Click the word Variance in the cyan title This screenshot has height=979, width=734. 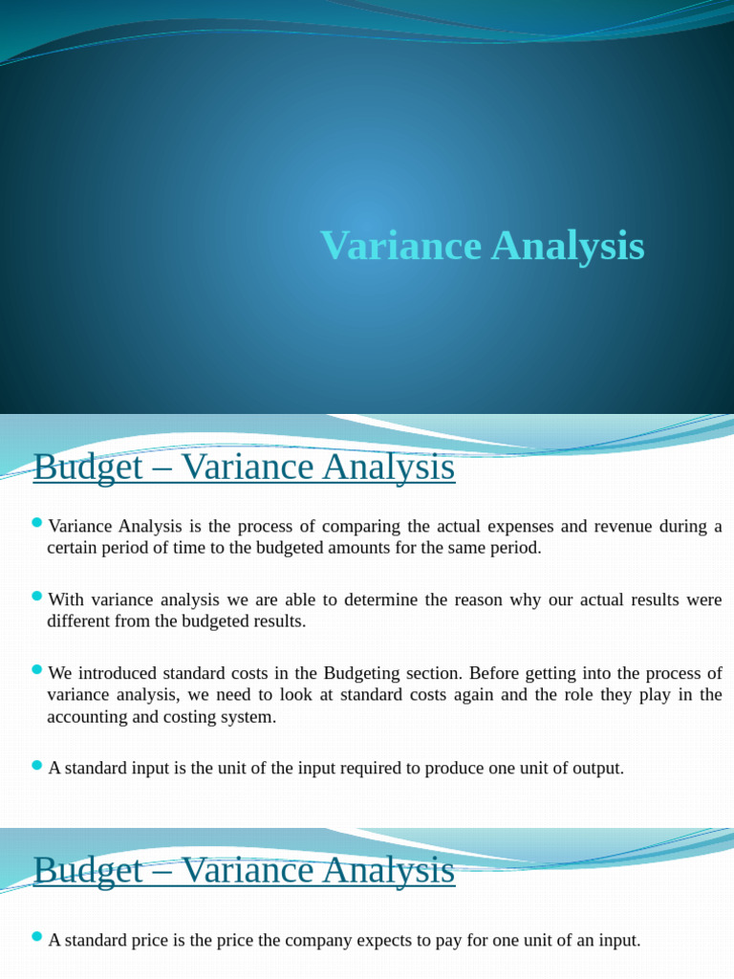point(400,246)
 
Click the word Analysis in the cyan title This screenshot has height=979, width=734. point(568,247)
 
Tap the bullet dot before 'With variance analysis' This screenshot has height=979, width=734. point(37,596)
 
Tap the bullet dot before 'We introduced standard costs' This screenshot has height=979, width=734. point(37,669)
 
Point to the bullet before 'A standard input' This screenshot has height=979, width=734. point(37,765)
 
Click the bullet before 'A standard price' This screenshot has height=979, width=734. point(37,937)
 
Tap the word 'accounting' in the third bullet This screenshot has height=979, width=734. point(87,717)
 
